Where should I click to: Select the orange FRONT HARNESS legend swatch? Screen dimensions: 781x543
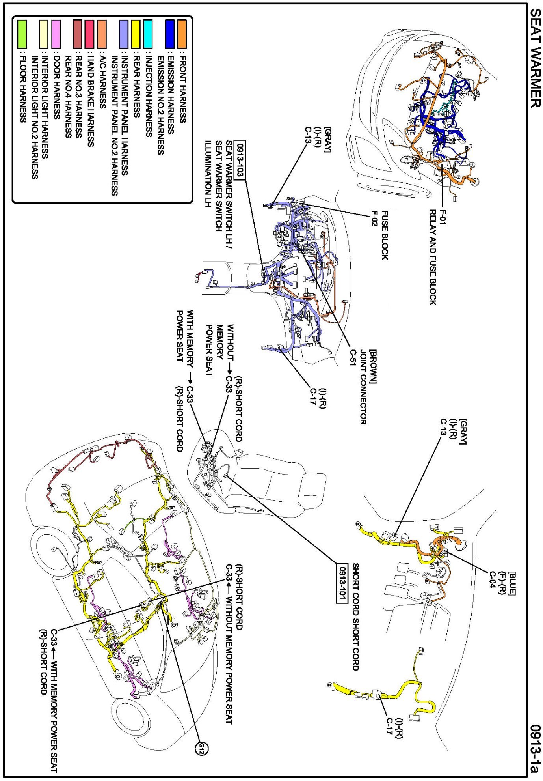(x=182, y=34)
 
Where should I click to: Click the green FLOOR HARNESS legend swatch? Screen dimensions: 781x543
(x=22, y=34)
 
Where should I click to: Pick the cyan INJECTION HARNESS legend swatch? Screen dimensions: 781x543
(x=148, y=34)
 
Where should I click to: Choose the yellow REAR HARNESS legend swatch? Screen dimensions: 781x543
(x=136, y=34)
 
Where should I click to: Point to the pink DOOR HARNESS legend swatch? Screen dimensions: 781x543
(x=56, y=34)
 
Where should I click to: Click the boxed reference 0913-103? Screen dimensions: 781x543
(x=240, y=159)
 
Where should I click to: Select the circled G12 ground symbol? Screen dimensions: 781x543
(x=201, y=748)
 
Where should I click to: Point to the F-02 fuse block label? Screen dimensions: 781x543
(x=375, y=218)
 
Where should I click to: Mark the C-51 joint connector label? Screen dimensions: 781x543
(x=353, y=357)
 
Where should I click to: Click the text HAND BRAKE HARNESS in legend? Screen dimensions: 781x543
(x=90, y=99)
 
